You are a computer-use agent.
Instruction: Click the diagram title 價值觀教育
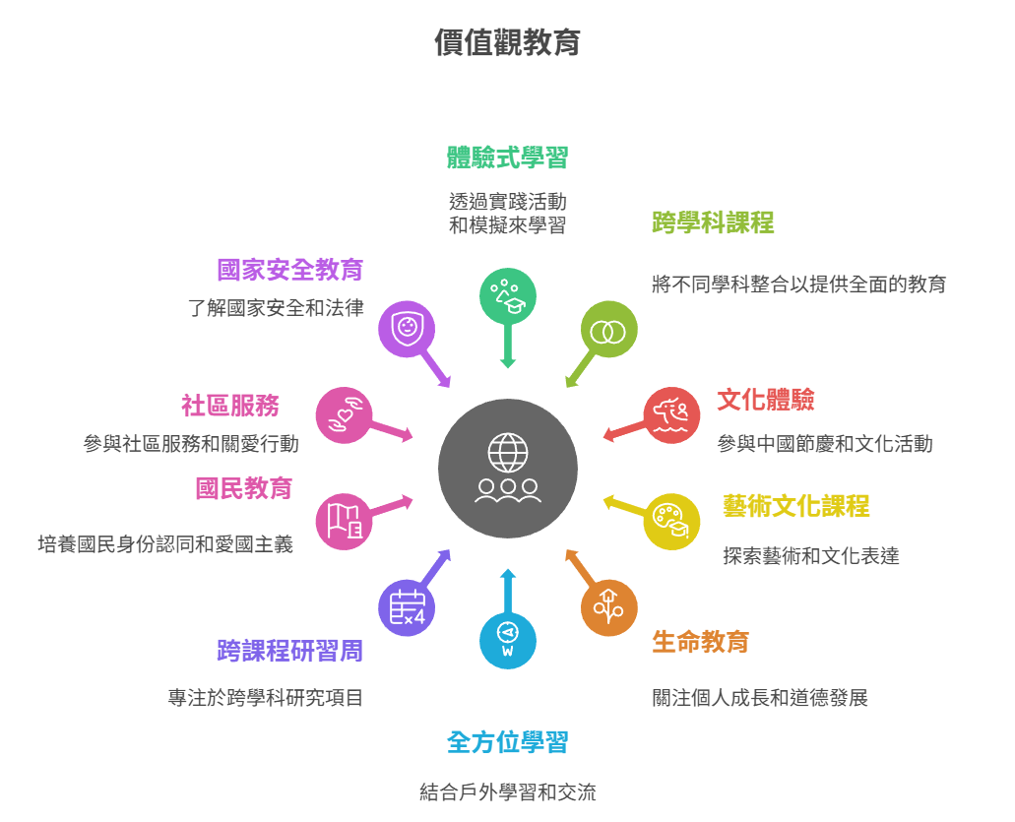pos(507,43)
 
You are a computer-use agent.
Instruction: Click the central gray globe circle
pos(508,469)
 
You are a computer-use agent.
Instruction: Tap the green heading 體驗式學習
pos(507,158)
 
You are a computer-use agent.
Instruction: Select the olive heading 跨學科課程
pos(713,222)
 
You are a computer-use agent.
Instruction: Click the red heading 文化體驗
pos(765,400)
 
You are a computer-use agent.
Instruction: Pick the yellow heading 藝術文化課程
pos(795,506)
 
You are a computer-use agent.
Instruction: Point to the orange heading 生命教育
pos(700,642)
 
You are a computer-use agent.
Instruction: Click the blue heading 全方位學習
pos(507,742)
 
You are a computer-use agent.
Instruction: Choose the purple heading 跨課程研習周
pos(289,651)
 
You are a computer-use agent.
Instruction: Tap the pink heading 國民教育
pos(243,488)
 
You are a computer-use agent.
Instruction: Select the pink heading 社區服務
pos(229,406)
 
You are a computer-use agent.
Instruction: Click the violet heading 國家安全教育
pos(289,270)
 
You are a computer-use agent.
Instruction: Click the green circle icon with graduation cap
pos(508,295)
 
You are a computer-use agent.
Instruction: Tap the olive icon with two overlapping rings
pos(608,330)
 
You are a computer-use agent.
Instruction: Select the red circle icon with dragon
pos(671,415)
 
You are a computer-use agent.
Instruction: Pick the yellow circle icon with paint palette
pos(671,522)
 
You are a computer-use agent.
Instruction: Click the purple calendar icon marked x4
pos(407,607)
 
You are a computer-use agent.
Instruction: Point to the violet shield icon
pos(407,329)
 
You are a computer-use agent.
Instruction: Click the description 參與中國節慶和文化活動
pos(824,444)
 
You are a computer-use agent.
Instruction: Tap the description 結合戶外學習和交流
pos(507,792)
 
